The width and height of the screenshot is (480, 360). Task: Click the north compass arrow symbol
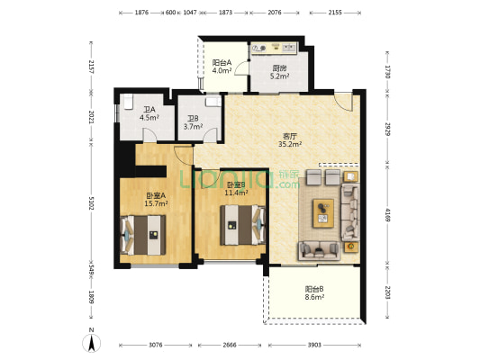(91, 343)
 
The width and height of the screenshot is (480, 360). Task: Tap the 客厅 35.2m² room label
(290, 140)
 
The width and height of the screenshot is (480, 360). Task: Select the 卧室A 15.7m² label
(156, 200)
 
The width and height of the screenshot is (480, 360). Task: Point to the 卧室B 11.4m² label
(236, 189)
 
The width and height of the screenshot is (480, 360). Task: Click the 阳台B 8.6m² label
(314, 292)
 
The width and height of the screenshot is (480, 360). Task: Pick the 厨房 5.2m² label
(280, 72)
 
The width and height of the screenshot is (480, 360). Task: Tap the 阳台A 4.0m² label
(222, 67)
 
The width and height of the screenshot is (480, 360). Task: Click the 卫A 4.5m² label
(149, 113)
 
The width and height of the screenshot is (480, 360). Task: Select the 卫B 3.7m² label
(193, 122)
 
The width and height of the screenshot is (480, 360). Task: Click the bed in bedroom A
(143, 235)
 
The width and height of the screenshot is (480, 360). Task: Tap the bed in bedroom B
(243, 225)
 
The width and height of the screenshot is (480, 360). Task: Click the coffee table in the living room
(323, 213)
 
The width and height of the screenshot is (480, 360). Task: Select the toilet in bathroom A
(128, 102)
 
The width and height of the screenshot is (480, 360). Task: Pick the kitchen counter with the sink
(274, 49)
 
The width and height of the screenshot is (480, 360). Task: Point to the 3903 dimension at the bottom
(314, 345)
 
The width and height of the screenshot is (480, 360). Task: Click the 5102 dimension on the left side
(91, 203)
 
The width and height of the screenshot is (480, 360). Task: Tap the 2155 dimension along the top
(335, 13)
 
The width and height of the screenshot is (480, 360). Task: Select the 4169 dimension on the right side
(388, 215)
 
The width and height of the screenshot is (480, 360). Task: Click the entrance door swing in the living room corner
(343, 103)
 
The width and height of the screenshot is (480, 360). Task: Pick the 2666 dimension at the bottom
(230, 345)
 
